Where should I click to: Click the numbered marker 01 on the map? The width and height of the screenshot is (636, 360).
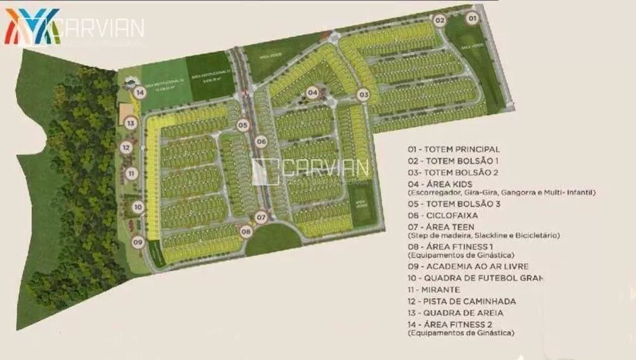(472, 19)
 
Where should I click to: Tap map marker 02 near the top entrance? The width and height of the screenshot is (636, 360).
(439, 20)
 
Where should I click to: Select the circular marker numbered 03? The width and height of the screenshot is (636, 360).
(363, 95)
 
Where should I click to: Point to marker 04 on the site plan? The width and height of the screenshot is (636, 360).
(312, 93)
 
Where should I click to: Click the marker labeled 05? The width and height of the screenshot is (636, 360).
(242, 125)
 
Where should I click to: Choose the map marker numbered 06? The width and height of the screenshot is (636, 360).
(261, 141)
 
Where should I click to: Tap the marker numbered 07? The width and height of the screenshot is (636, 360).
(261, 218)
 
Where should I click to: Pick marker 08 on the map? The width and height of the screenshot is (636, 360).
(246, 232)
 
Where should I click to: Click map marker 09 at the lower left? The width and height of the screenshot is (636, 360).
(137, 242)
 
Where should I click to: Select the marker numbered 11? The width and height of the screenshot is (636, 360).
(130, 173)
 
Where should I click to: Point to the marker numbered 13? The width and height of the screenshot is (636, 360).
(130, 123)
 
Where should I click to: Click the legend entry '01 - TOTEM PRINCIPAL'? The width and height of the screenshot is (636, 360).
(453, 149)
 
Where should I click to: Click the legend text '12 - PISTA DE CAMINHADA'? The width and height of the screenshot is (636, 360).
(462, 301)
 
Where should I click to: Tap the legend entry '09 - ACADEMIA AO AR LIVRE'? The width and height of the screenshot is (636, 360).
(468, 266)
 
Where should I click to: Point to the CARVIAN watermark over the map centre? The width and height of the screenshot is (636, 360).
(311, 169)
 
